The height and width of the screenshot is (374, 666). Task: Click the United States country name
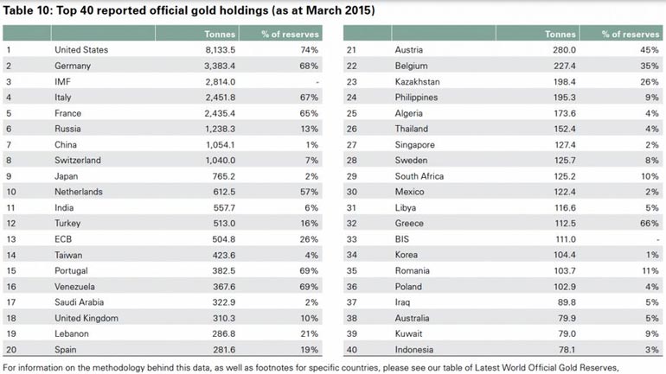(80, 50)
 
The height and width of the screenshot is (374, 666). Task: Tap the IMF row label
(63, 81)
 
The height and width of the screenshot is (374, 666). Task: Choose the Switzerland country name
(77, 159)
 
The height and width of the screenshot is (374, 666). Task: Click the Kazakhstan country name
(421, 81)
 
